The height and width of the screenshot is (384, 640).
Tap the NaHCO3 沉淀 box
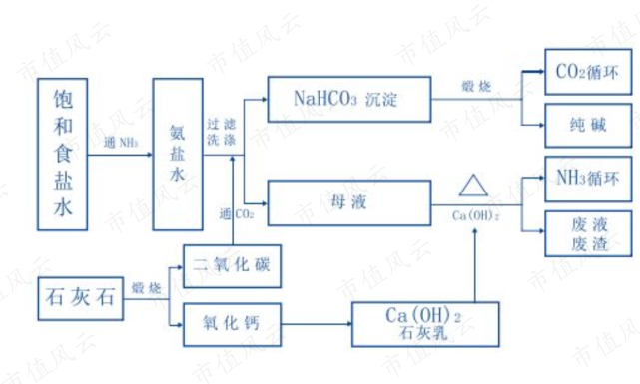click(347, 99)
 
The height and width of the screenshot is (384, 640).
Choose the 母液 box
click(347, 199)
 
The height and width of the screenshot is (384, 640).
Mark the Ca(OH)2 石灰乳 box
click(424, 322)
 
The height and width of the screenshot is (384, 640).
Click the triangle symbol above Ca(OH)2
click(472, 188)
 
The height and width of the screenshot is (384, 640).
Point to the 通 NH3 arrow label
click(122, 143)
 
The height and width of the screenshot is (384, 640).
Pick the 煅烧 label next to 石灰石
click(146, 286)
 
